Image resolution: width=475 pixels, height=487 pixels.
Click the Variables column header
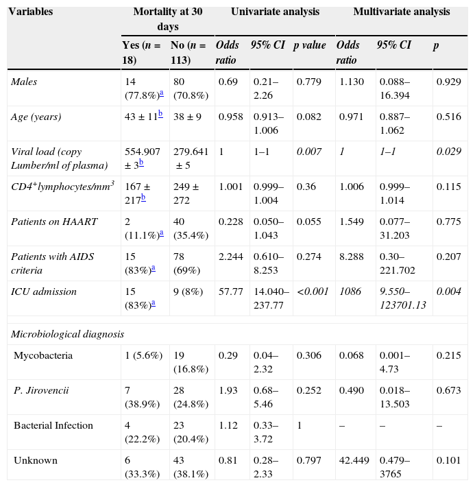coord(33,12)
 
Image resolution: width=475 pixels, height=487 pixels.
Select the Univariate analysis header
coord(275,12)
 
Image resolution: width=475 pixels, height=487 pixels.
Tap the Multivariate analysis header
coord(401,12)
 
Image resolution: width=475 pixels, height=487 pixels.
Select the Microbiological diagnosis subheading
coord(67,335)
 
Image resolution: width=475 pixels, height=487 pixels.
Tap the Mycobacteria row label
coord(43,356)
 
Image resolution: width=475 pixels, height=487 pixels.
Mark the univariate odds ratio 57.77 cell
coord(229,292)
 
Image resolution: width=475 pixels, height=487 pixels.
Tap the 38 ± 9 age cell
coord(186,117)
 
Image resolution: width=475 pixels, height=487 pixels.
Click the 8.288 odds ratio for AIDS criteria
coord(352,257)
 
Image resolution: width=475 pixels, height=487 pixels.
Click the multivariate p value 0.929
coord(448,82)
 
